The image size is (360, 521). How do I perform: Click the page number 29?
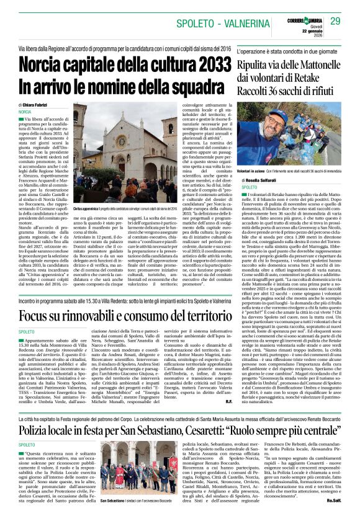point(335,21)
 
